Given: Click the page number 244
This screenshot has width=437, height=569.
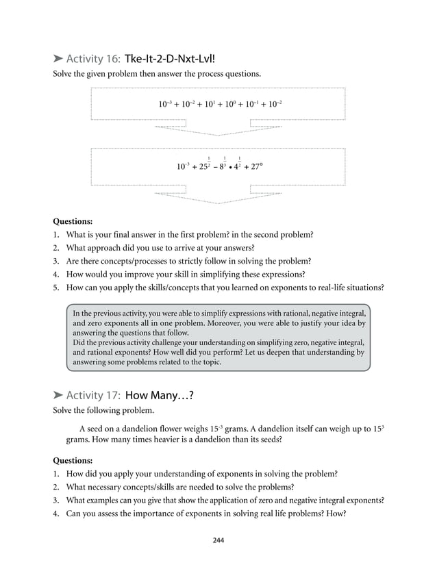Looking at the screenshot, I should [x=218, y=540].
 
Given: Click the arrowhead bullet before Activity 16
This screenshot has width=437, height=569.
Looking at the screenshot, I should [x=58, y=60].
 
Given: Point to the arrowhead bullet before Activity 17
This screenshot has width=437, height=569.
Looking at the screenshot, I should [x=58, y=396].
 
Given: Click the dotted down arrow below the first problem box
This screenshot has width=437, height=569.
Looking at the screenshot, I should [x=218, y=129].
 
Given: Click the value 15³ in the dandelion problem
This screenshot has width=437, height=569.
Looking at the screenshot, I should [x=378, y=428].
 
